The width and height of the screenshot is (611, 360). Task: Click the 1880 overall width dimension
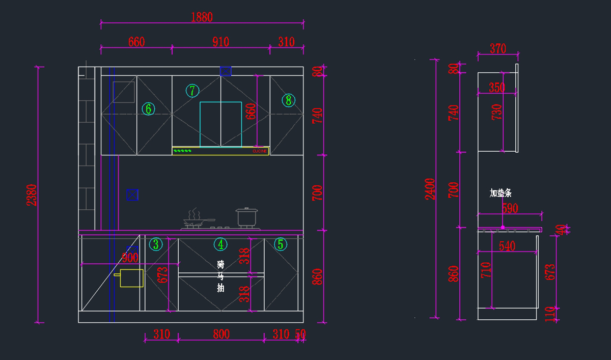coord(202,17)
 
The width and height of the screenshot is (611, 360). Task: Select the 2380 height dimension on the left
coord(32,195)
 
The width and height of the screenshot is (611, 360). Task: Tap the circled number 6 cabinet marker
coord(148,108)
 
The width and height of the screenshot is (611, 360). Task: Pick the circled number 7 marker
coord(192,91)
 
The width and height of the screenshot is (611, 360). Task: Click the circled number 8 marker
coord(289,100)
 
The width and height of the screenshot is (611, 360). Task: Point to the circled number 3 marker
coord(156,244)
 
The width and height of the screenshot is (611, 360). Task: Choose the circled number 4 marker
coord(220,244)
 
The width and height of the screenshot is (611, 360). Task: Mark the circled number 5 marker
coord(281,244)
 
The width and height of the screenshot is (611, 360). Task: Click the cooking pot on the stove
coord(247,217)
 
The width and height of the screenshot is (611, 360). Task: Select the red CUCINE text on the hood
coord(260,151)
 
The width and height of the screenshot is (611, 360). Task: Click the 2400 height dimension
coord(431,189)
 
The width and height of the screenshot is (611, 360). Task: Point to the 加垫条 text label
coord(501,193)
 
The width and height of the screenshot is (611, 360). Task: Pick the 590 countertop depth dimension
coord(510,208)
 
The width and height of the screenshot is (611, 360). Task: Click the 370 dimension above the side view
coord(498,48)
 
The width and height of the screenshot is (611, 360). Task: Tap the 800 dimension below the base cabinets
coord(221,335)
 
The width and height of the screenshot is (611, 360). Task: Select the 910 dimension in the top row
coord(220,42)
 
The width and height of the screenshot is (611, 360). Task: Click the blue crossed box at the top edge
coord(226,71)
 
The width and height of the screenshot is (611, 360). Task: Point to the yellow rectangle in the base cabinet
coord(131,279)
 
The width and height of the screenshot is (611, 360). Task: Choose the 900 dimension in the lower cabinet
coord(130,258)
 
